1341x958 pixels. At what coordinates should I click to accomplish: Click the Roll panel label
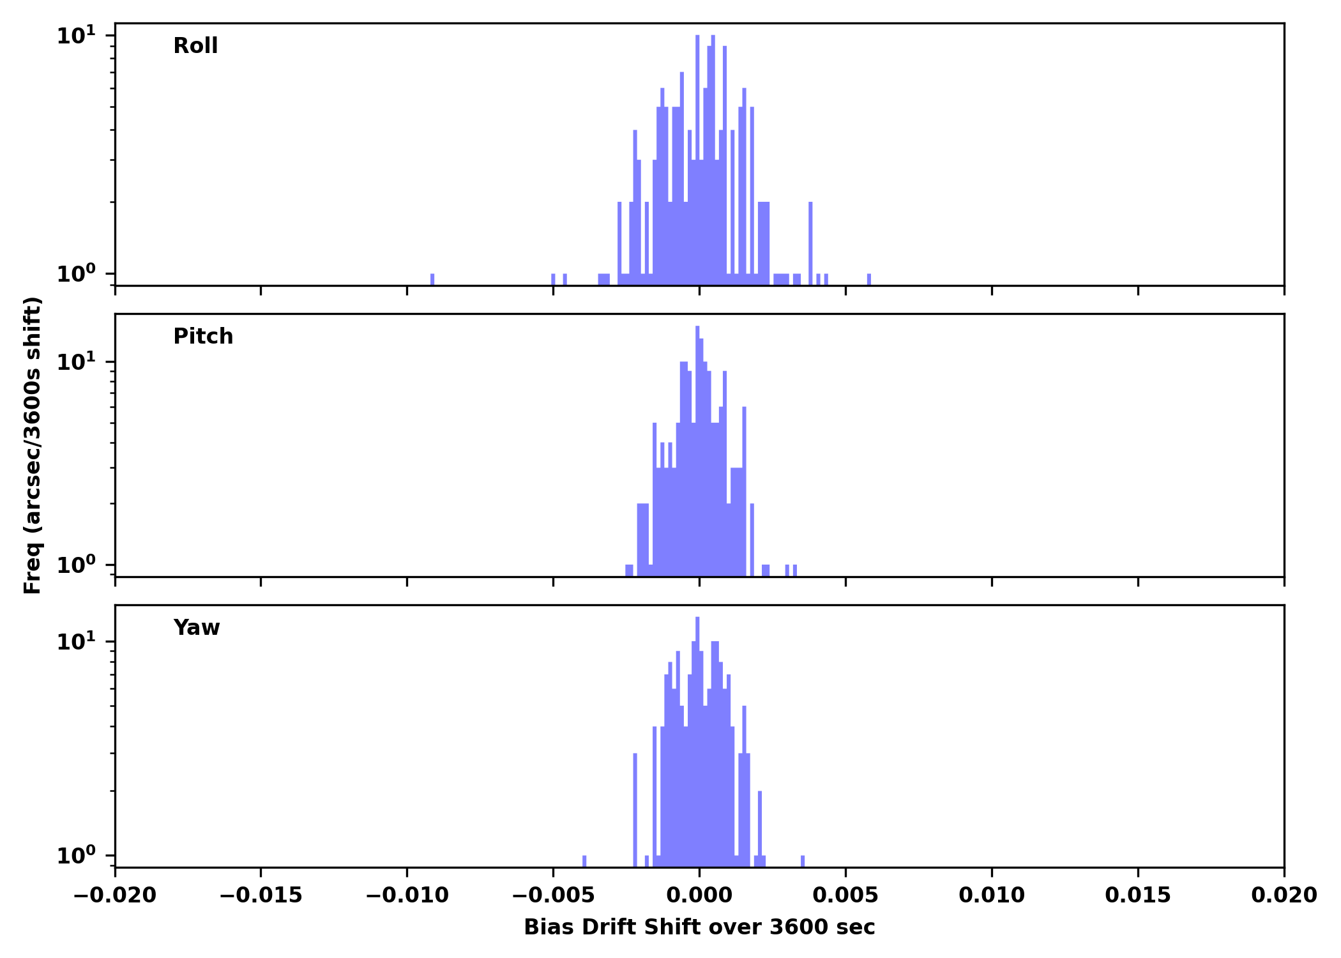[195, 46]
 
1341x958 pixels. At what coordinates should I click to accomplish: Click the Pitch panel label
[203, 337]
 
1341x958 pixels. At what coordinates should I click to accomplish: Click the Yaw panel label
[197, 628]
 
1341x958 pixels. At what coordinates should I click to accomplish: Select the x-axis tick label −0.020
[115, 895]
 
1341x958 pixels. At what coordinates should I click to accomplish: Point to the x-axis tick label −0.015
[261, 895]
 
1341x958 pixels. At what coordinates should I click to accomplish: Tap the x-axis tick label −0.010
[407, 895]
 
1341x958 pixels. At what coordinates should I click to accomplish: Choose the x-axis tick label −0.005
[553, 895]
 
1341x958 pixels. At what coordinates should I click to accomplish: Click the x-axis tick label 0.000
[699, 895]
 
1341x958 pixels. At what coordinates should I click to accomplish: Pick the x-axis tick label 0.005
[845, 895]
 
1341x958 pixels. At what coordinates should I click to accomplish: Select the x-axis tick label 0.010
[992, 895]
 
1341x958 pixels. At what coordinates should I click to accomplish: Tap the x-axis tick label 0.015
[1138, 895]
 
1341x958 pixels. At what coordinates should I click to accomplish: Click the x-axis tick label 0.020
[1284, 895]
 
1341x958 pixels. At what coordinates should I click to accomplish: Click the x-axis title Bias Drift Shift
[699, 927]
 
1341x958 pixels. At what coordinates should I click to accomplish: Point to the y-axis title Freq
[33, 445]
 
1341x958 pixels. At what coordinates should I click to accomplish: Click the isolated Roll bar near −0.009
[432, 280]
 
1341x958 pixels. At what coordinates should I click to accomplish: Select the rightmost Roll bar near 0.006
[869, 280]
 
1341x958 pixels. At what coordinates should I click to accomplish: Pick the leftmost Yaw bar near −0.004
[584, 862]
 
